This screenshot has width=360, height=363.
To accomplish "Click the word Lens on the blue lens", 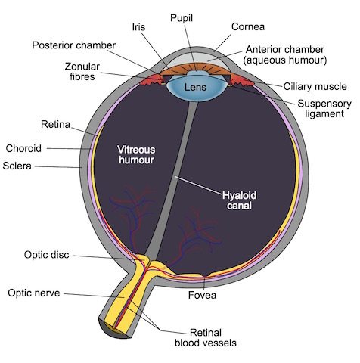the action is pyautogui.click(x=195, y=87).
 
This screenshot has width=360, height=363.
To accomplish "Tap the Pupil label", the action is pyautogui.click(x=182, y=18).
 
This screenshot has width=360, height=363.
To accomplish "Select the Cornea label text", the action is pyautogui.click(x=248, y=26).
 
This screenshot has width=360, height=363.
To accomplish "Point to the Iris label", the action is pyautogui.click(x=138, y=27).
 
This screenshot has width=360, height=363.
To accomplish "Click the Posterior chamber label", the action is pyautogui.click(x=74, y=45).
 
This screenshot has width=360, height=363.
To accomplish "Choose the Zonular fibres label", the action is pyautogui.click(x=82, y=72).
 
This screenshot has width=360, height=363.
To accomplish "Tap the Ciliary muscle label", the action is pyautogui.click(x=315, y=86).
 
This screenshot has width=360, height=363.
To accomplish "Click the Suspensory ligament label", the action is pyautogui.click(x=324, y=109).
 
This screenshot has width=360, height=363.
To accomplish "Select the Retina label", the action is pyautogui.click(x=55, y=124).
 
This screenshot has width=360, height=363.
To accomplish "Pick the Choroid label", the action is pyautogui.click(x=23, y=148).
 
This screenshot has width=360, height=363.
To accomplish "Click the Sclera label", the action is pyautogui.click(x=17, y=166).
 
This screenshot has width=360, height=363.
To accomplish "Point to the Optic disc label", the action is pyautogui.click(x=46, y=255).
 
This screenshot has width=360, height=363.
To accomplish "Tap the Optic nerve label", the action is pyautogui.click(x=34, y=293).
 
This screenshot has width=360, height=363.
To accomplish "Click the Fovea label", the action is pyautogui.click(x=202, y=295).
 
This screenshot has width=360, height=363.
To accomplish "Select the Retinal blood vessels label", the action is pyautogui.click(x=206, y=338).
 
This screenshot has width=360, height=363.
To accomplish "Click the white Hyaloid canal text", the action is pyautogui.click(x=239, y=200).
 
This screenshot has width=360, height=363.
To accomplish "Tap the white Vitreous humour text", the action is pyautogui.click(x=136, y=155).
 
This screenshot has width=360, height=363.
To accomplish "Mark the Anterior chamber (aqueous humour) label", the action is pyautogui.click(x=285, y=54).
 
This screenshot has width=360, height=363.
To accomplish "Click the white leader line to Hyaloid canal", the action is pyautogui.click(x=199, y=185).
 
